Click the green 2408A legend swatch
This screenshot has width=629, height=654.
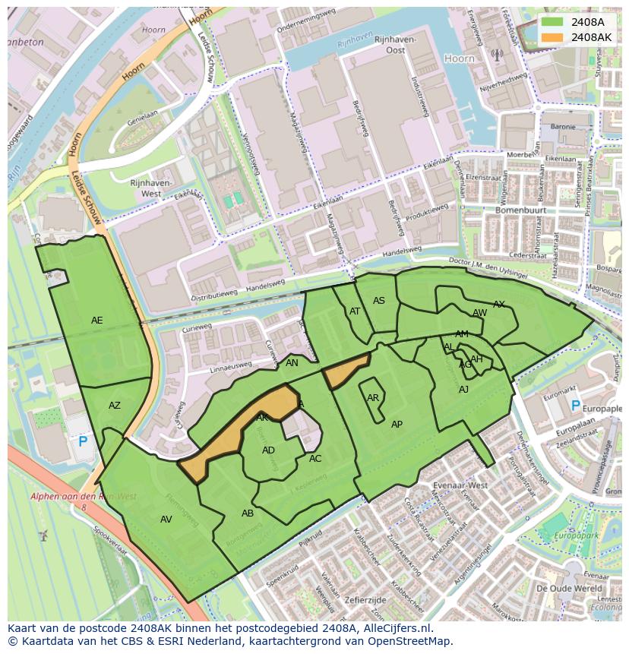pos(553,22)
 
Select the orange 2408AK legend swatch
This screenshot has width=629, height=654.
pos(553,36)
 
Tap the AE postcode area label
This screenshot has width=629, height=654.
pos(97,321)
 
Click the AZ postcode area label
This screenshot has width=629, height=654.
pos(115,406)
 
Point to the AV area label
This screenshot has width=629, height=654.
pos(166,520)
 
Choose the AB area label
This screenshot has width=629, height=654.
pos(248,513)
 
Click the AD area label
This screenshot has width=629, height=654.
pos(268,450)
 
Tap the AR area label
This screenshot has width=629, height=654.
pos(373,398)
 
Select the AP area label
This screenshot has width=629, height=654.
pos(397,425)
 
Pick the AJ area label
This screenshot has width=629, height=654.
pos(464,390)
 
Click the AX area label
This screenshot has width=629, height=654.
pos(499,305)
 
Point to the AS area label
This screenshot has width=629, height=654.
pos(379,301)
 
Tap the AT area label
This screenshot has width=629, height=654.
pos(355,311)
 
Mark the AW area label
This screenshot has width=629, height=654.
pos(480,313)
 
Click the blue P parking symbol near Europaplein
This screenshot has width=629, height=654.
pos(575,406)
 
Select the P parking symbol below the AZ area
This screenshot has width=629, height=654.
pos(83,441)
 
